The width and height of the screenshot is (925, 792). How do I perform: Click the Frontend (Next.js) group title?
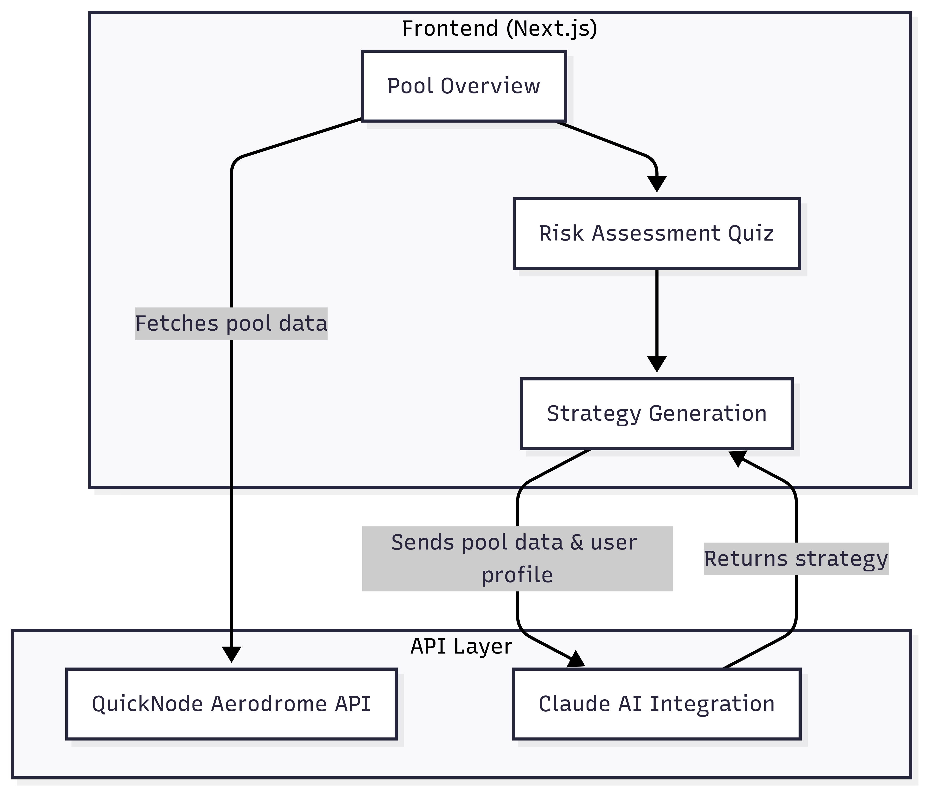click(x=499, y=29)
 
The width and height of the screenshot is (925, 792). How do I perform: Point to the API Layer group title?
click(x=461, y=646)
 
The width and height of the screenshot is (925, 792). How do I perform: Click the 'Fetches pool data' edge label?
click(x=231, y=323)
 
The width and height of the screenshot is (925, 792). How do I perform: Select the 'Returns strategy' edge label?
click(x=796, y=559)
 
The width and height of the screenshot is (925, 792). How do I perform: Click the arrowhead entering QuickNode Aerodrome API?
click(x=231, y=654)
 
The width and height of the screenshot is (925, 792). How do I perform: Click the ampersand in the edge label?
click(x=577, y=543)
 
